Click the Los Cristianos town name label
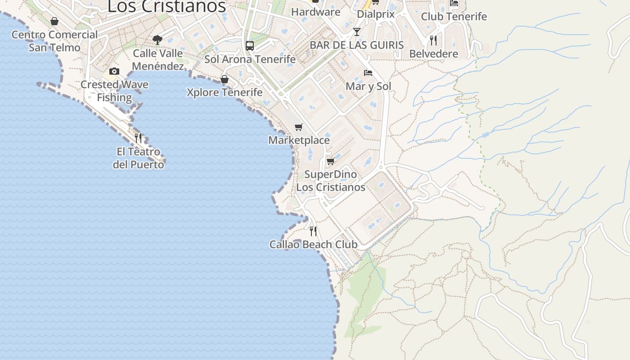click(166, 6)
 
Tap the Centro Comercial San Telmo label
click(54, 41)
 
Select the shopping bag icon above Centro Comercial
click(54, 21)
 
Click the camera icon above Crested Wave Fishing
click(114, 71)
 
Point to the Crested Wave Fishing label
click(114, 91)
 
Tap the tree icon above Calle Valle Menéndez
click(157, 40)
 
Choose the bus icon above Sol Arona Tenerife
click(250, 45)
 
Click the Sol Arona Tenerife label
click(250, 59)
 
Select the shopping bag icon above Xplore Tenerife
click(225, 80)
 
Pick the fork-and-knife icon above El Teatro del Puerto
click(138, 138)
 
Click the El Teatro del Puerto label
click(138, 158)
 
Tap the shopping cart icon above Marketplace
click(299, 127)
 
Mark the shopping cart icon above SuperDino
click(330, 161)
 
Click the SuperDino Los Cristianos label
click(330, 180)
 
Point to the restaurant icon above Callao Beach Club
click(313, 231)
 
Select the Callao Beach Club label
click(313, 245)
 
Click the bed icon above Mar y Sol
click(368, 72)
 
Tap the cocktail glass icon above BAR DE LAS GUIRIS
click(357, 32)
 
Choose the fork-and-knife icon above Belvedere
click(433, 40)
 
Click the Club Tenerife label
click(454, 17)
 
